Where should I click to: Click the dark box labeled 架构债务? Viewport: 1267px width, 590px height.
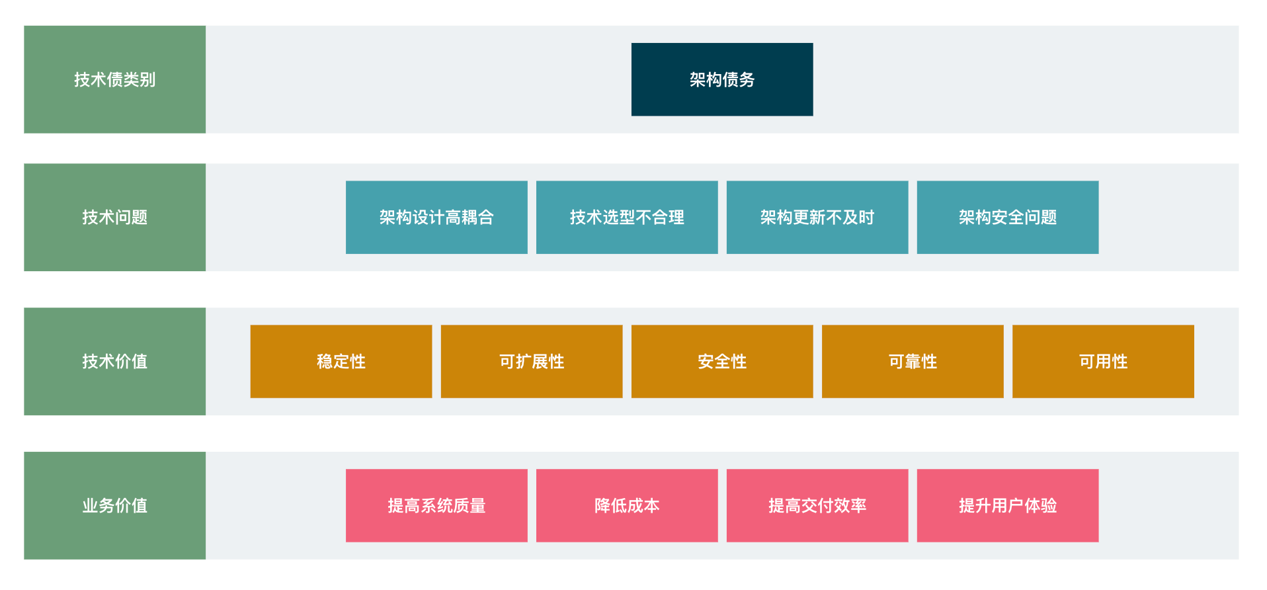[x=722, y=79]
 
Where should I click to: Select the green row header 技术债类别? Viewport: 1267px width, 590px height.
[x=114, y=79]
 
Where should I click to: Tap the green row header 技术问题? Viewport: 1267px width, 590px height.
[x=114, y=217]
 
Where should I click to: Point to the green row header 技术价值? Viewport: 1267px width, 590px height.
[x=114, y=361]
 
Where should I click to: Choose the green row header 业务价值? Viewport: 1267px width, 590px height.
[x=114, y=505]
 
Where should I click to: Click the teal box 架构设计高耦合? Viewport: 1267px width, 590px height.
[x=436, y=217]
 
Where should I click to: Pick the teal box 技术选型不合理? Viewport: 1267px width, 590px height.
[x=627, y=217]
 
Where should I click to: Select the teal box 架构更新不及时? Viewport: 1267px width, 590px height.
[x=817, y=217]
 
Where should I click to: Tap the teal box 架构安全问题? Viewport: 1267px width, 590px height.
[x=1008, y=217]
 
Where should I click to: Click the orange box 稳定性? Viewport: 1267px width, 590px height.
[x=341, y=361]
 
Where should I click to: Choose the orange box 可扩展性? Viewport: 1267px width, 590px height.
[x=532, y=361]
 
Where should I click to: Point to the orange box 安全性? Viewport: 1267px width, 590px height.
[x=722, y=361]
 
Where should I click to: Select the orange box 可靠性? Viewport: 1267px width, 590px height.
[x=913, y=361]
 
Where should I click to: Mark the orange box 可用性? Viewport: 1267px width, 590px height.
[x=1103, y=361]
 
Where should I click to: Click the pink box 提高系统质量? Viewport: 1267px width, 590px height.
[x=436, y=505]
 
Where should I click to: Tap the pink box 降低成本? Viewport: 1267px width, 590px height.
[x=627, y=505]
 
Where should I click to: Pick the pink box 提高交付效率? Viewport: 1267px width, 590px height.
[x=817, y=505]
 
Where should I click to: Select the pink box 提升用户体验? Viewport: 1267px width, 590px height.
[x=1008, y=505]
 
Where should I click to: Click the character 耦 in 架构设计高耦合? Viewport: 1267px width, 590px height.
[x=470, y=217]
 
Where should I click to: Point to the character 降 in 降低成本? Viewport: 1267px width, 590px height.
[x=602, y=505]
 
